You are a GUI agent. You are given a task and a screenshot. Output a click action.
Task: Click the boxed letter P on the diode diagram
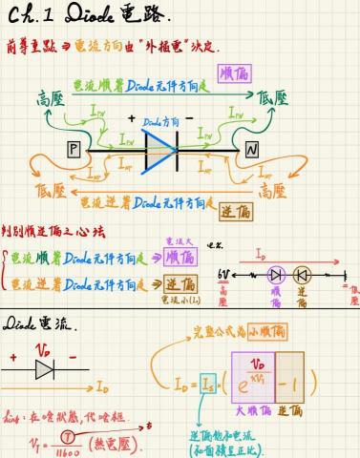(x=74, y=149)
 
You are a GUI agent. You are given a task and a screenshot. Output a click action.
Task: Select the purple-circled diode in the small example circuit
(x=276, y=274)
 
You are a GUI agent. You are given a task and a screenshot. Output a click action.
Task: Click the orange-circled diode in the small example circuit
(x=303, y=274)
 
